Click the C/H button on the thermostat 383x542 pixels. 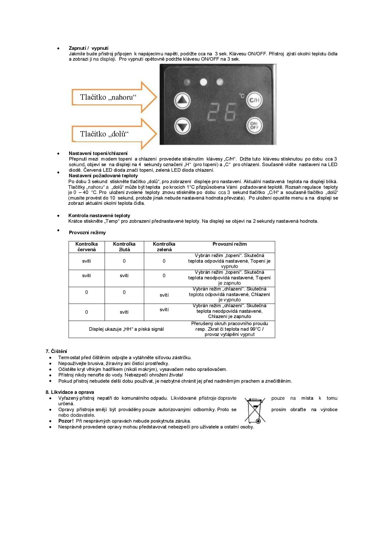254,100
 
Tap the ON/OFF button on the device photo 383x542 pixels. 254,125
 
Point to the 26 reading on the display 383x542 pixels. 222,112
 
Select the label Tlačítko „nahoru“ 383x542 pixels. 108,97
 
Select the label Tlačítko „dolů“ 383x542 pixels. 104,134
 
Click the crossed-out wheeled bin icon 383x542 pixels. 255,411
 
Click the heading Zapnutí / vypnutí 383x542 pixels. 88,48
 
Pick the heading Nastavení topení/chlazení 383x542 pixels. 98,153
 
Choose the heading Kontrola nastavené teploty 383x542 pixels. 99,216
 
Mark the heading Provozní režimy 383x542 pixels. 87,233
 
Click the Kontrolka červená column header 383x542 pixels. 86,247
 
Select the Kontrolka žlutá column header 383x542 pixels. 124,247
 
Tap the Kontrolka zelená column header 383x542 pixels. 164,247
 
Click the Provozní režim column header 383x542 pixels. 229,244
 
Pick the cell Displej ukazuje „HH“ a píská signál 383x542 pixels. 126,329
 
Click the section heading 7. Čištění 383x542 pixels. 56,351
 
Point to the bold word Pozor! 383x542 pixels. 66,421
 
